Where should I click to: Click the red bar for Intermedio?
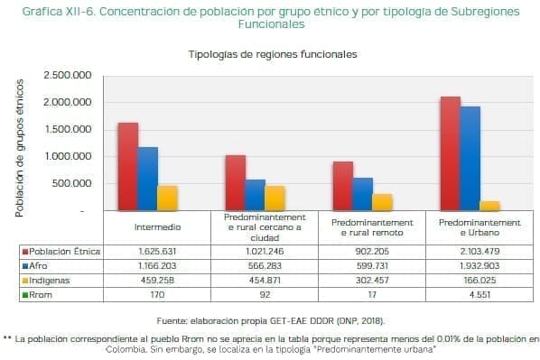click(x=127, y=166)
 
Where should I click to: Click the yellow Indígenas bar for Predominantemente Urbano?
click(x=491, y=206)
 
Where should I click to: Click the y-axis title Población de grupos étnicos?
click(x=19, y=145)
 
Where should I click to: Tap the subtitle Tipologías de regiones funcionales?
click(x=273, y=54)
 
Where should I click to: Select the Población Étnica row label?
click(x=63, y=251)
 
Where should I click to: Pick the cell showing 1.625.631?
click(x=156, y=251)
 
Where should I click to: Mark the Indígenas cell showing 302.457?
click(x=372, y=280)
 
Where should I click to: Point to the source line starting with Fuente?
click(x=271, y=320)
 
